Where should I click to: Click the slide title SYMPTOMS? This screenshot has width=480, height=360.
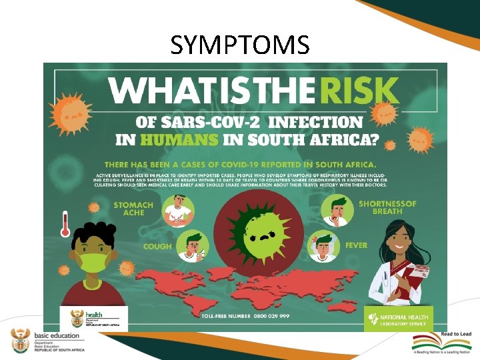(x=240, y=45)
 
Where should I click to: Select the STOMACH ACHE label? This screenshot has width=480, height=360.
(x=133, y=209)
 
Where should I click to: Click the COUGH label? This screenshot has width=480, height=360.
(x=157, y=246)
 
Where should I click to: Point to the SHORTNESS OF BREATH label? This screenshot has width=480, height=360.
(x=387, y=207)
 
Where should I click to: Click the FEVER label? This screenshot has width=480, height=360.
(x=356, y=245)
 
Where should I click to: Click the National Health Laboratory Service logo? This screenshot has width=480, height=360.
(x=399, y=317)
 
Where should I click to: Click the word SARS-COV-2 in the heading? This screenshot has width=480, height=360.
(x=185, y=123)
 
